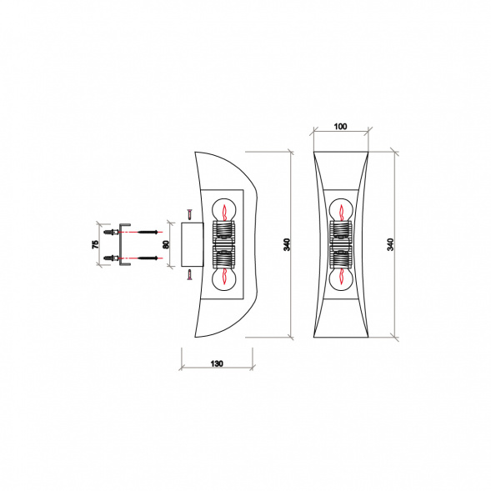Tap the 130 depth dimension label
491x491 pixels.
(217, 364)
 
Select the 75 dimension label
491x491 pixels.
(96, 243)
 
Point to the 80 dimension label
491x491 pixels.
(167, 244)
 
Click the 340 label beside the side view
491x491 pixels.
(287, 244)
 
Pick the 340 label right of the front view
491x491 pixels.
(390, 244)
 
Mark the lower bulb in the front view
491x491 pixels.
(340, 278)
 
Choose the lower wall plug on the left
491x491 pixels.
(110, 258)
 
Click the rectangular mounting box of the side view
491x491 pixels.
(190, 244)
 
